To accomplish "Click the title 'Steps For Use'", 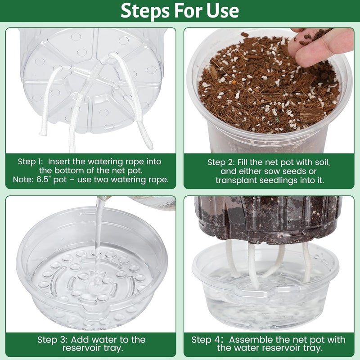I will [x=180, y=11].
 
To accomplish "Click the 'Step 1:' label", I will [x=31, y=161].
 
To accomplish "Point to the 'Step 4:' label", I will [x=206, y=340].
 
